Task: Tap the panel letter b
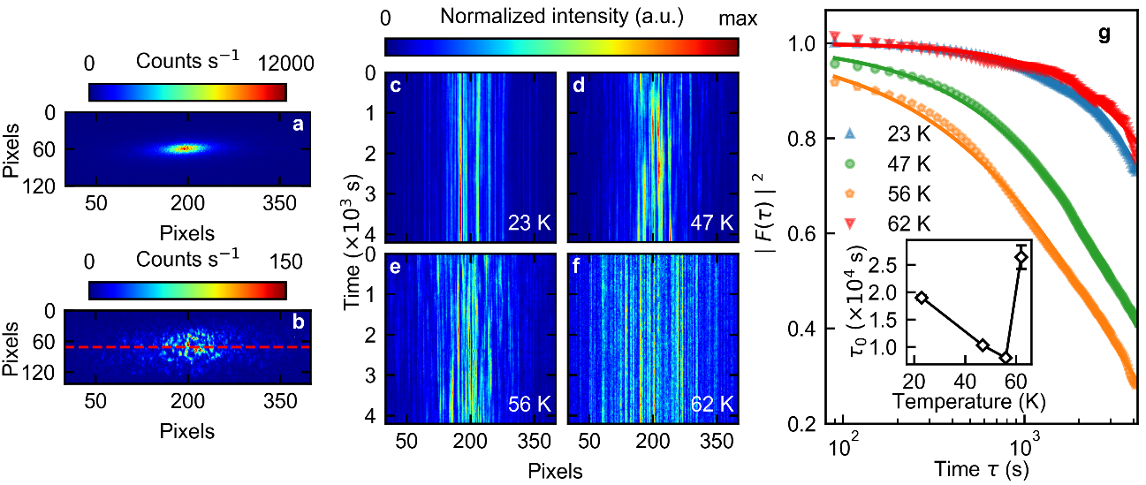(299, 322)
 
